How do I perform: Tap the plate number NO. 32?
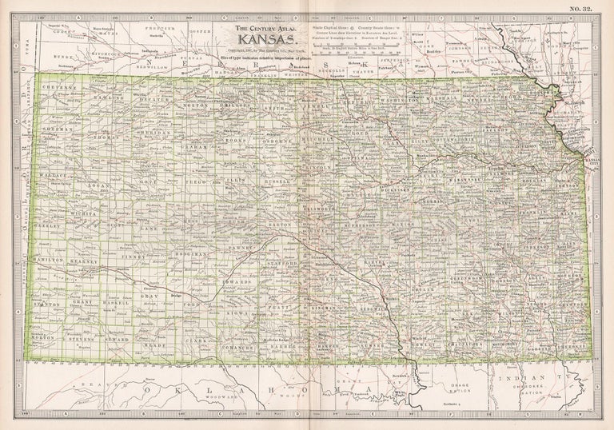point(582,9)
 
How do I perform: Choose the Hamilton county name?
point(49,261)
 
